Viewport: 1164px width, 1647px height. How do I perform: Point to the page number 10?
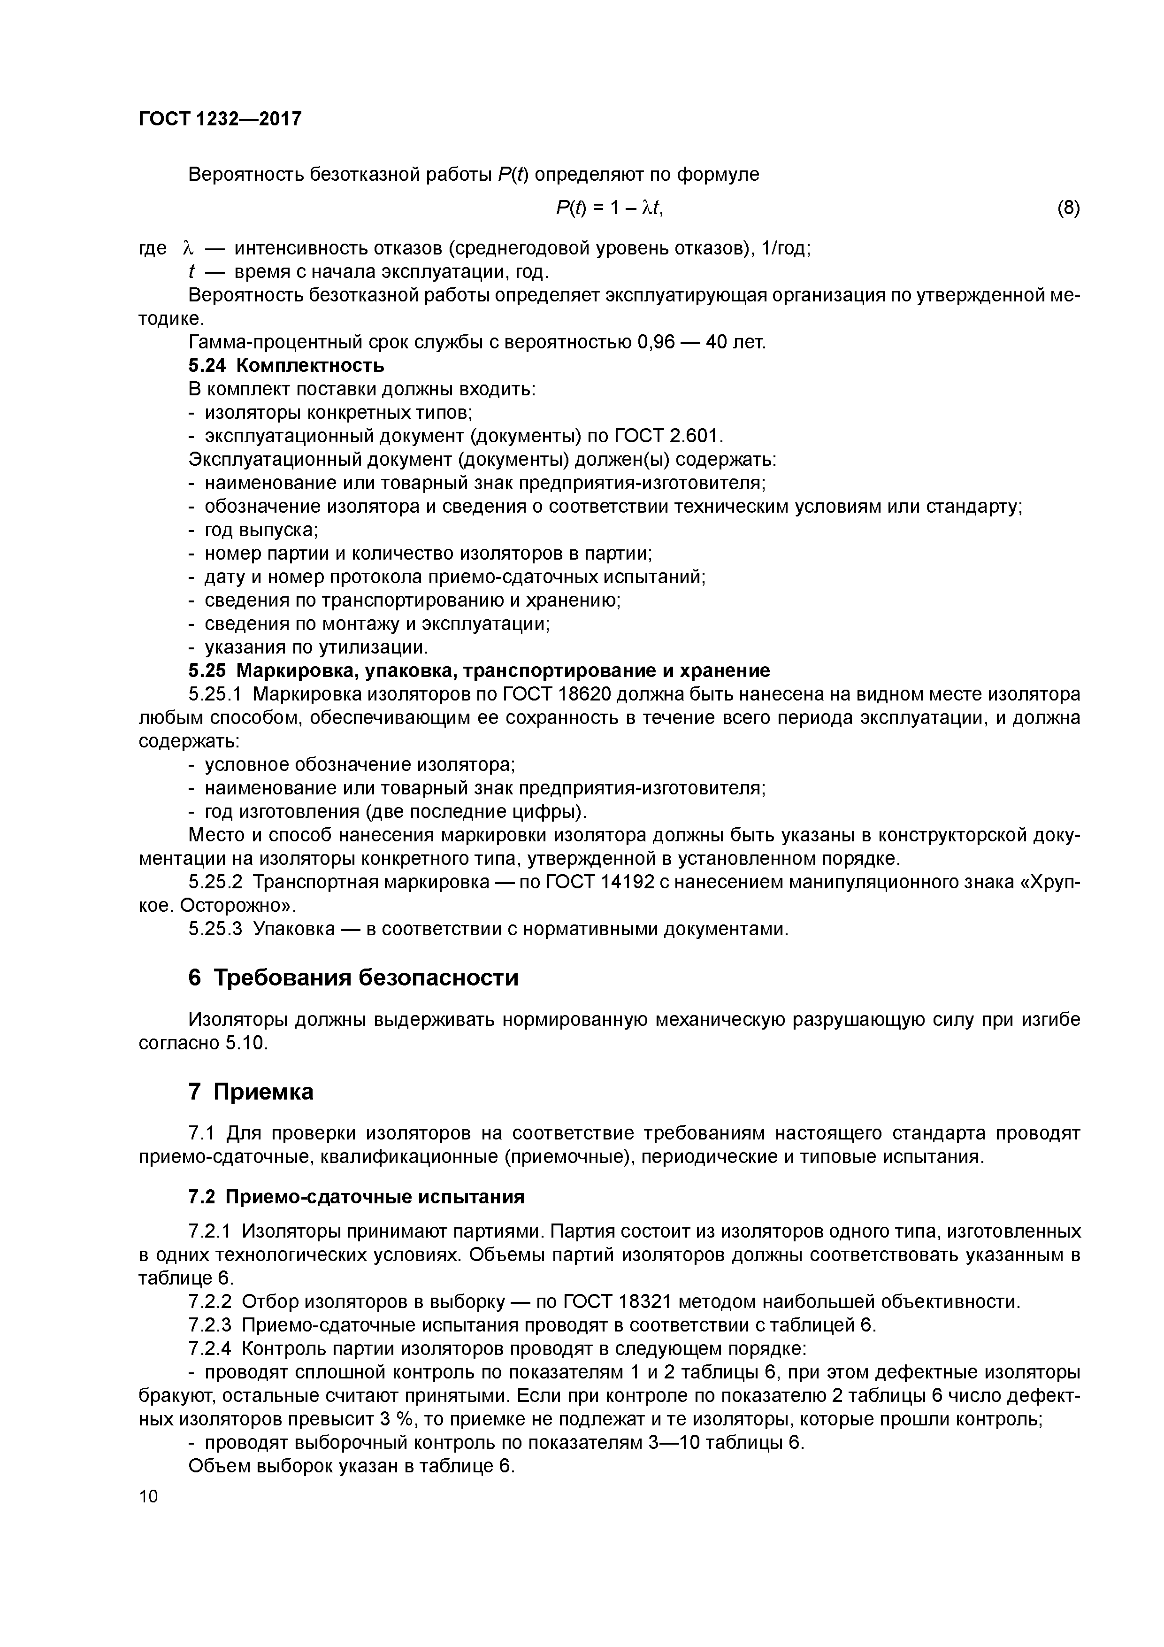point(148,1496)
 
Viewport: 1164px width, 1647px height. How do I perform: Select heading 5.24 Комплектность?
point(286,366)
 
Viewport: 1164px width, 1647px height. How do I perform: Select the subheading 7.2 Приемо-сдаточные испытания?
point(356,1197)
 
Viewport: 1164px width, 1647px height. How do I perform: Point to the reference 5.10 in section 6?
point(245,1043)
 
